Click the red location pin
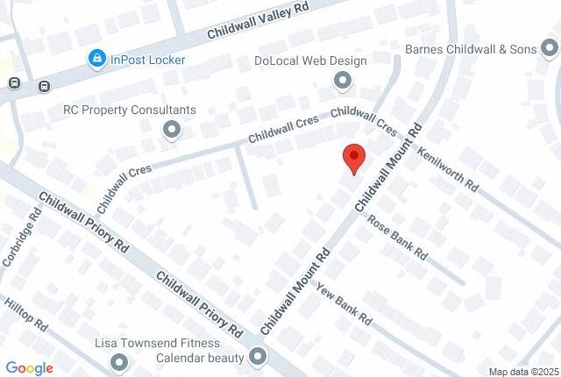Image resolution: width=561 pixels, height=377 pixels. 353,158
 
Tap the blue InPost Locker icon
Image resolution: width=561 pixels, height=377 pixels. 97,60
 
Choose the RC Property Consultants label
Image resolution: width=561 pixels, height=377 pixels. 130,110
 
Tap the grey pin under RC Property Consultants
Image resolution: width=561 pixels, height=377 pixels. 172,131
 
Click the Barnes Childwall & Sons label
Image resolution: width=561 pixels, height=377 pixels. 472,49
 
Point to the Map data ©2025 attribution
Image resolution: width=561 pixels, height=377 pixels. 521,371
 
